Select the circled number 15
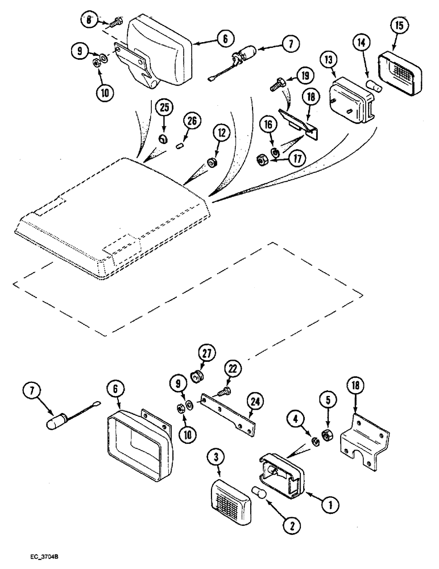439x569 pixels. (x=400, y=27)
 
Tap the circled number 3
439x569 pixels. (x=215, y=456)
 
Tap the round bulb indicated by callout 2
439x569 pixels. (x=260, y=491)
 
